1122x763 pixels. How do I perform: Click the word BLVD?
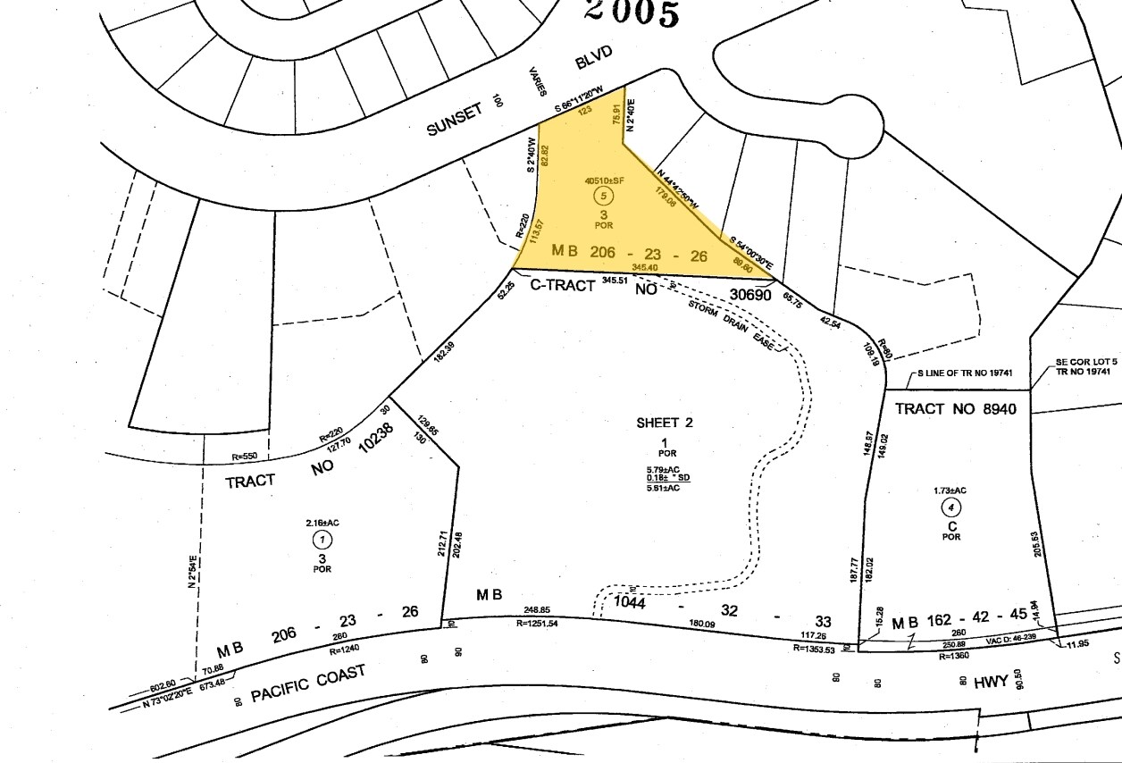[x=593, y=58]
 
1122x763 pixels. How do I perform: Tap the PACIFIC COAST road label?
[x=309, y=685]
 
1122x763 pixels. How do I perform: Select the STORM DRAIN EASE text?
[x=730, y=325]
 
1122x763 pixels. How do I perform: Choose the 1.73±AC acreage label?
[x=950, y=490]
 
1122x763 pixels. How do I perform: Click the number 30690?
[x=749, y=292]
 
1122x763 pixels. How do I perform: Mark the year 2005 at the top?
[x=632, y=13]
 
